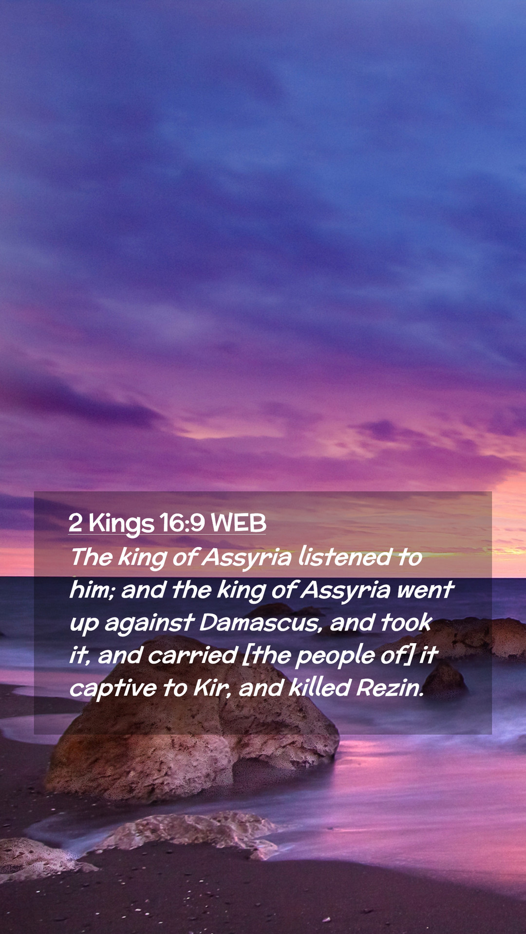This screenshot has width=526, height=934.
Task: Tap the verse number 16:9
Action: coord(182,523)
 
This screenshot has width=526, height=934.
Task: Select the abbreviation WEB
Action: coord(239,523)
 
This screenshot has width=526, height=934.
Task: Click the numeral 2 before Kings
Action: coord(75,523)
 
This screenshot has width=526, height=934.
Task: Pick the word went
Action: coord(425,590)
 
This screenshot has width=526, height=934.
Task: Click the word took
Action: coord(406,622)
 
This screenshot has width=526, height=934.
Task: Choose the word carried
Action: coord(192,655)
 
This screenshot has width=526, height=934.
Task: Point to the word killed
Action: coord(319,688)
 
